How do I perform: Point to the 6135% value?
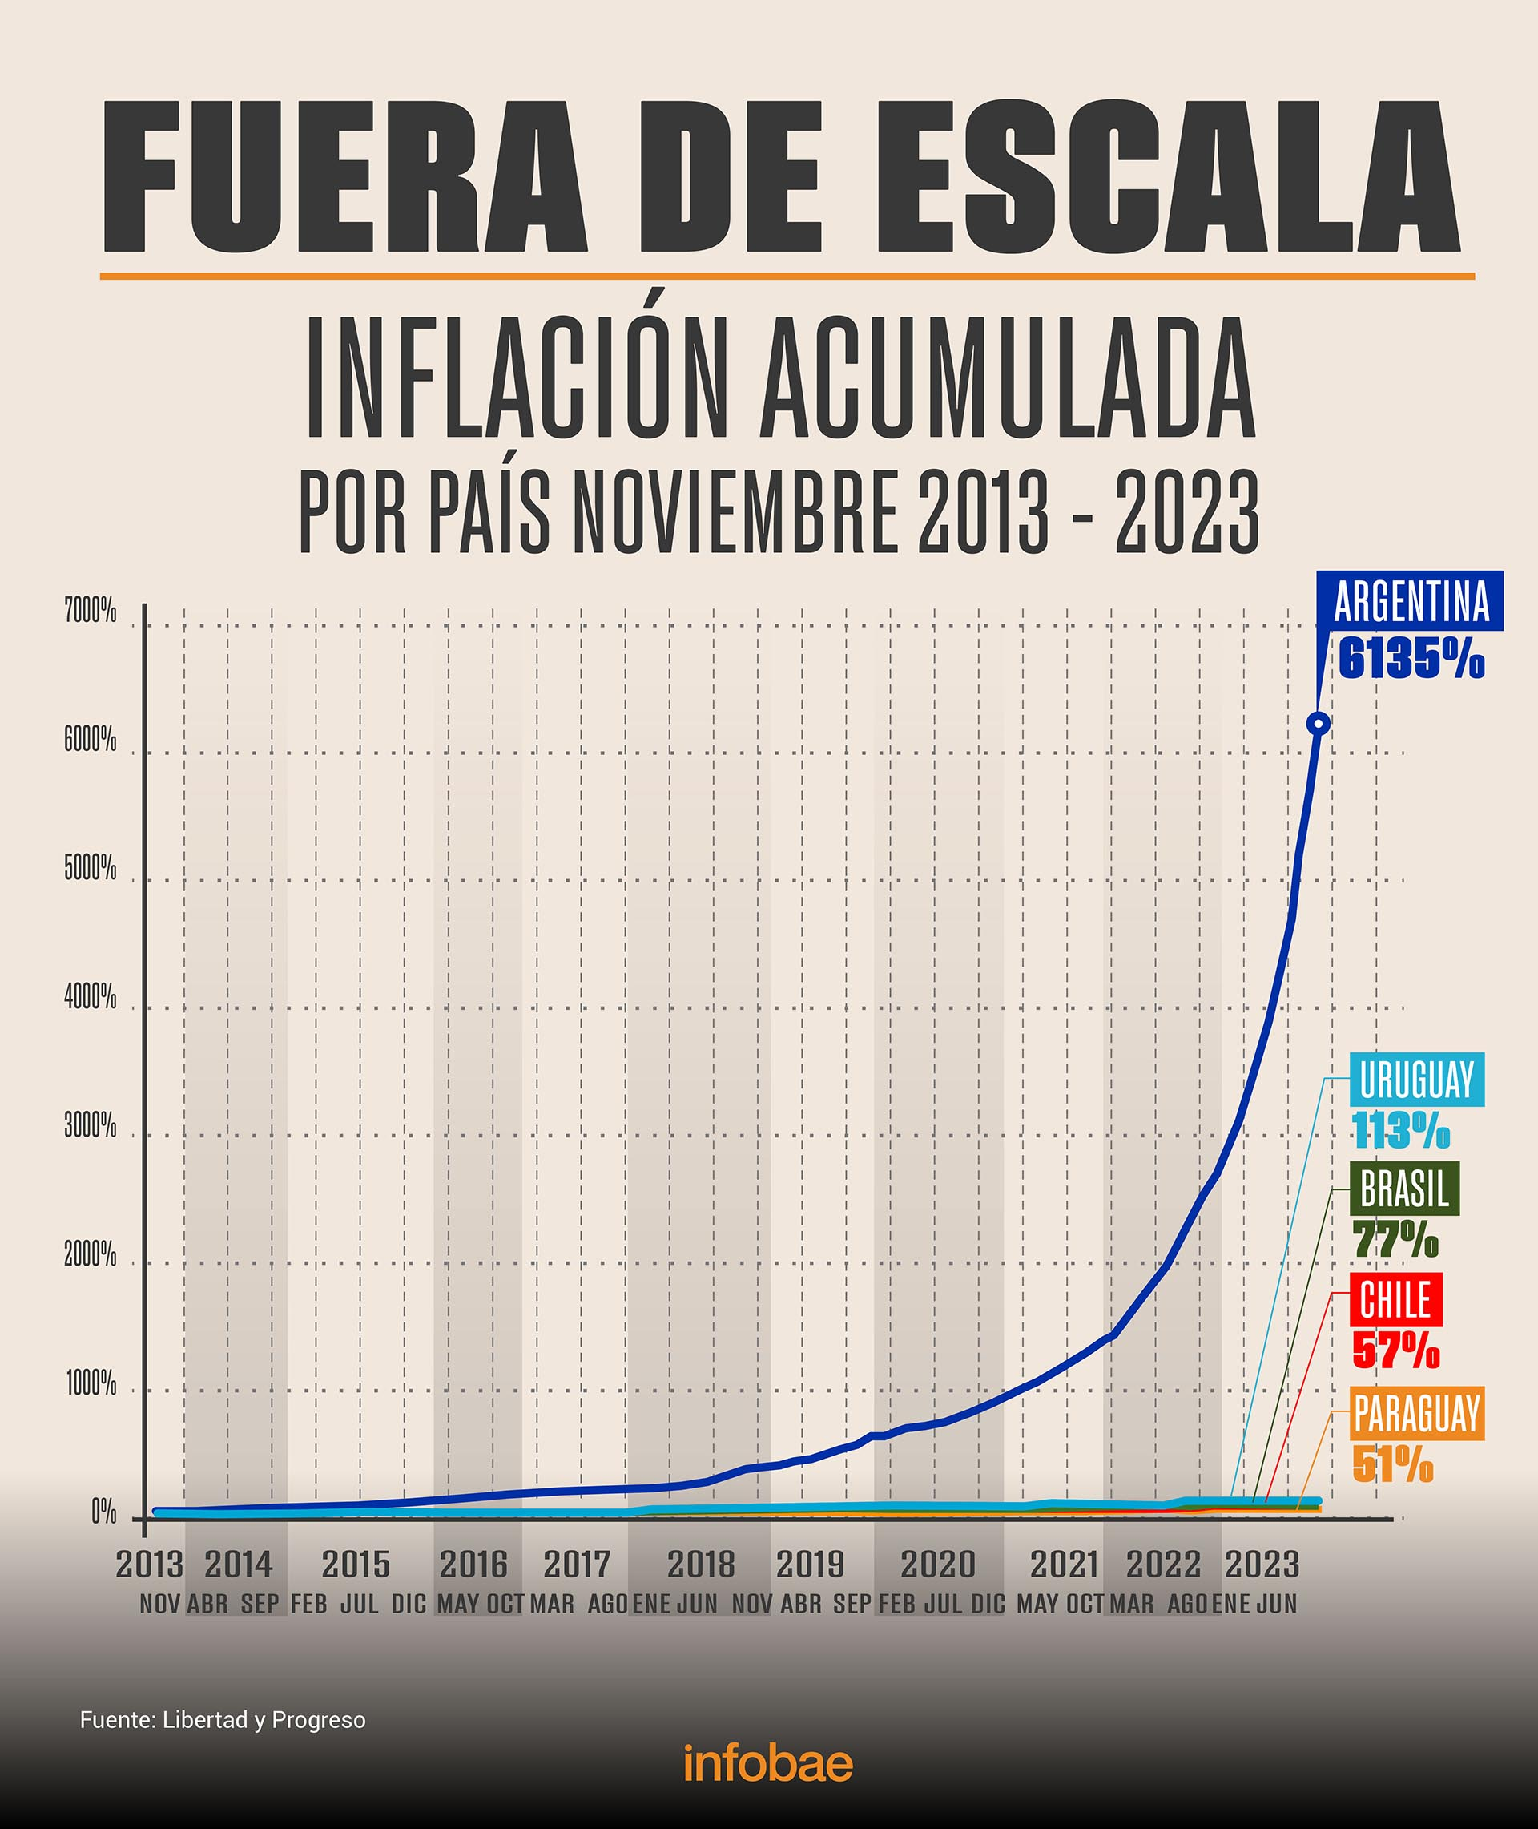click(x=1411, y=660)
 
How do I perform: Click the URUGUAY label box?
click(x=1416, y=1080)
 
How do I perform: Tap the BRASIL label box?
click(x=1403, y=1189)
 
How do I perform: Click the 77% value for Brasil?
click(x=1395, y=1239)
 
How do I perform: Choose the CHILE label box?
click(x=1395, y=1299)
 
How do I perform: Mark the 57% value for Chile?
click(x=1395, y=1351)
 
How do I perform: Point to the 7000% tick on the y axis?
click(x=91, y=612)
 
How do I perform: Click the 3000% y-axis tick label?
click(x=91, y=1126)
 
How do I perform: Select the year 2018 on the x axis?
click(x=701, y=1565)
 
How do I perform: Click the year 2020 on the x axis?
click(x=937, y=1565)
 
